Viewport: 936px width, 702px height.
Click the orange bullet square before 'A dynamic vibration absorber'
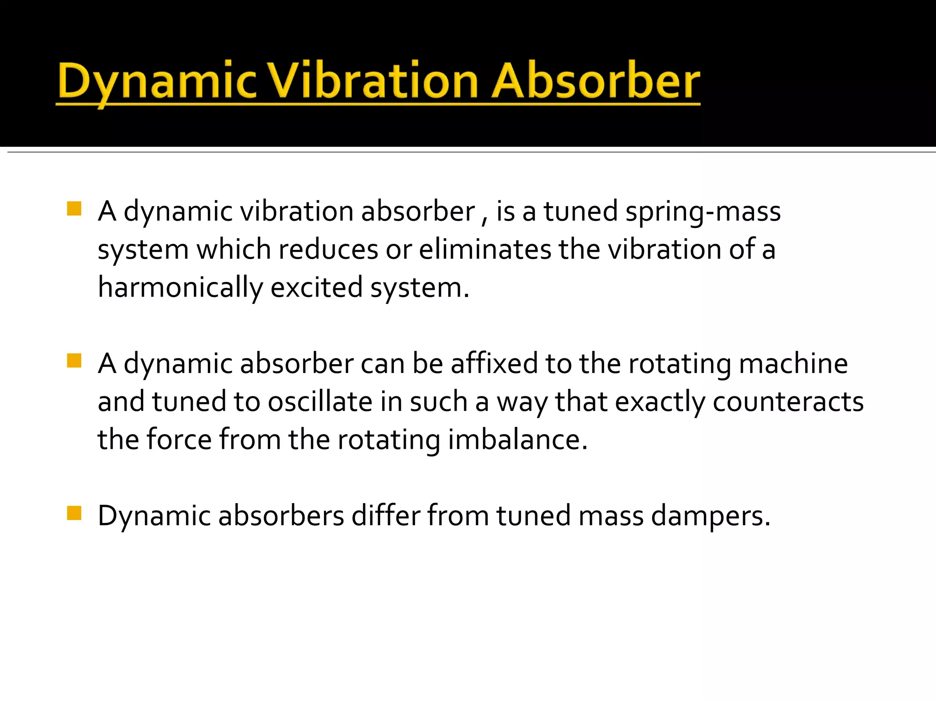pos(74,209)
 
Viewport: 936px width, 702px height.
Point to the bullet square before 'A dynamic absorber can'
pos(74,361)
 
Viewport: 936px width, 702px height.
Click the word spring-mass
pos(703,212)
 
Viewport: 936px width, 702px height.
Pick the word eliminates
pos(485,250)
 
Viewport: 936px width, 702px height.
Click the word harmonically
pos(181,288)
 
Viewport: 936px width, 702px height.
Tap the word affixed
pos(494,364)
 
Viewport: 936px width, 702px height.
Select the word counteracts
pos(788,402)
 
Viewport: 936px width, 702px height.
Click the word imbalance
pos(517,440)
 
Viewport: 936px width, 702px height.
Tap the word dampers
pos(711,516)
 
